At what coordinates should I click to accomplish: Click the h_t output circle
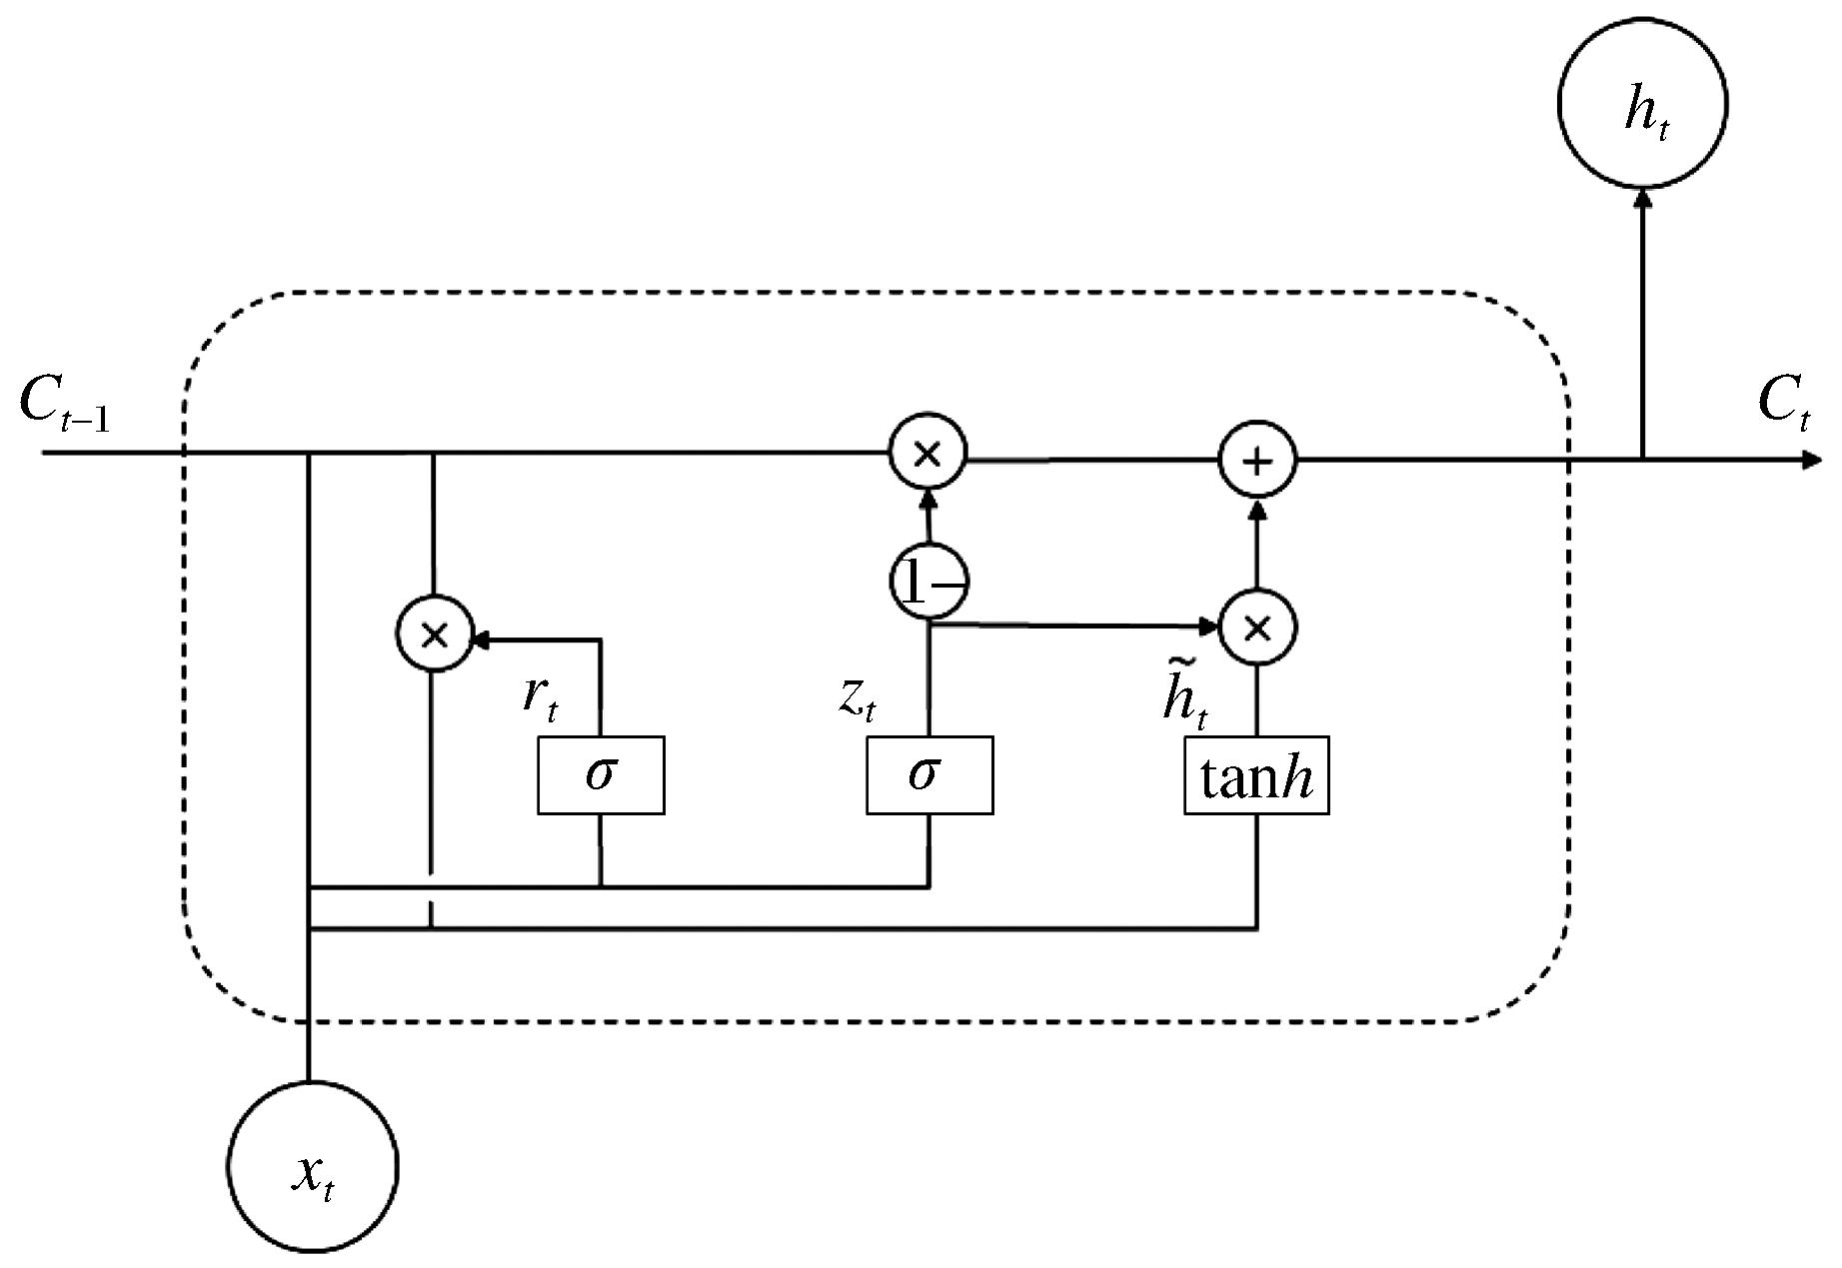tap(1642, 102)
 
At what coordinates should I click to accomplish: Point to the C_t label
tap(1783, 404)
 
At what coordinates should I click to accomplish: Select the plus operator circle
tap(1257, 461)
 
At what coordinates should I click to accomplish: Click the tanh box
tap(1256, 775)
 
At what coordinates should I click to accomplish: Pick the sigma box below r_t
tap(601, 775)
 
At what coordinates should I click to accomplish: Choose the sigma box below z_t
tap(929, 775)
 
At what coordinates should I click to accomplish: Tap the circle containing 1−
tap(929, 583)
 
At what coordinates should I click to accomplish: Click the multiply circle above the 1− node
tap(928, 453)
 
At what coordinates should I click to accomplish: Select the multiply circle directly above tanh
tap(1257, 628)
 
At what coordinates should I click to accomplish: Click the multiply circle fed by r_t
tap(435, 634)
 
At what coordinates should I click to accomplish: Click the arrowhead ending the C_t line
tap(1811, 461)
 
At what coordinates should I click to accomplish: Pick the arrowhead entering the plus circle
tap(1257, 507)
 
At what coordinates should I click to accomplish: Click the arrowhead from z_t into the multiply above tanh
tap(1211, 628)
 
